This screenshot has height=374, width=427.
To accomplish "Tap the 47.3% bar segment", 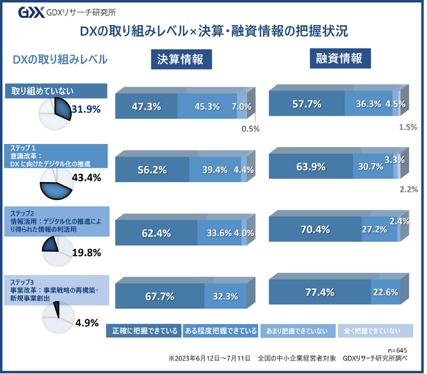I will click(x=146, y=106).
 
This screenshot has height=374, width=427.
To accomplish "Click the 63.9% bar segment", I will click(x=310, y=166).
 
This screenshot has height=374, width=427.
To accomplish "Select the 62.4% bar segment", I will click(x=156, y=232).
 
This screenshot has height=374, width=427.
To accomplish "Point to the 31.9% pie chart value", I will click(x=85, y=108).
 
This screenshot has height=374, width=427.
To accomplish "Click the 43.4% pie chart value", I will click(x=86, y=177).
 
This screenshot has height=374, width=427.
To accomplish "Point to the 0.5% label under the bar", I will click(x=250, y=129).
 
